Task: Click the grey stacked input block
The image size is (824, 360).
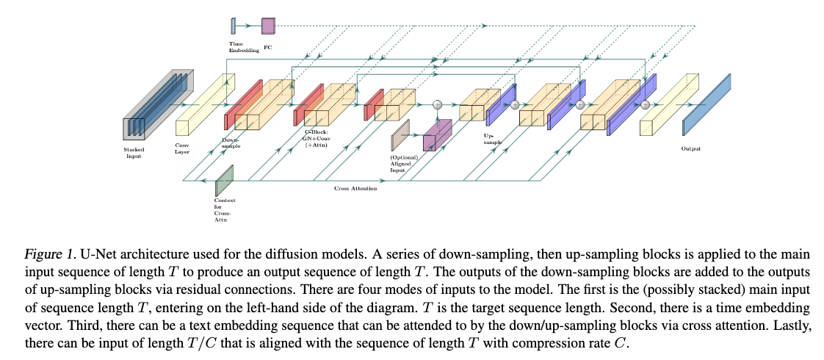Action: pos(151,110)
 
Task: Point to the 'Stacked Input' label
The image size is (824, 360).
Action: pos(134,152)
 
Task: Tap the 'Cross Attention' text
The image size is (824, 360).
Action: pos(355,189)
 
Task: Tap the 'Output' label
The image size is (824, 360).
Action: pos(690,148)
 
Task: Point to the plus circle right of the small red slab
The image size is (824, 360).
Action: pos(438,105)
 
